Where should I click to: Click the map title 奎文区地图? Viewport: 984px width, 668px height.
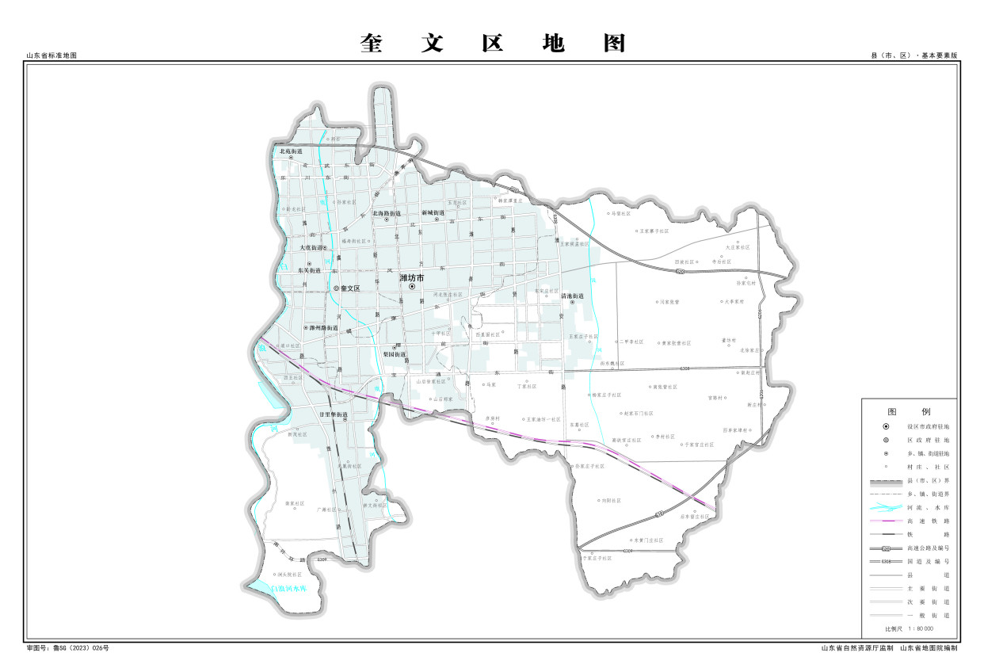pos(492,43)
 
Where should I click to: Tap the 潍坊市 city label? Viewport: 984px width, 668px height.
pos(412,278)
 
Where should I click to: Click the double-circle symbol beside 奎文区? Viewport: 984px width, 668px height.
pos(336,288)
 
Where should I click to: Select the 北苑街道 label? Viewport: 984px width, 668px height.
pos(291,151)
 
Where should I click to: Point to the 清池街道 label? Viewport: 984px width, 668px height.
pos(571,296)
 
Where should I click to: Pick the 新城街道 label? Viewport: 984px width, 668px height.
pos(433,213)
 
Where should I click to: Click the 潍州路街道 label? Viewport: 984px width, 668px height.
pos(323,327)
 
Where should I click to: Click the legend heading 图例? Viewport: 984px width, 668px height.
pos(908,412)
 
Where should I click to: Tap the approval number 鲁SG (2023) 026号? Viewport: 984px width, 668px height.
pos(68,648)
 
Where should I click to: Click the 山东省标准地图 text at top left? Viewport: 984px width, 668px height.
pos(51,55)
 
